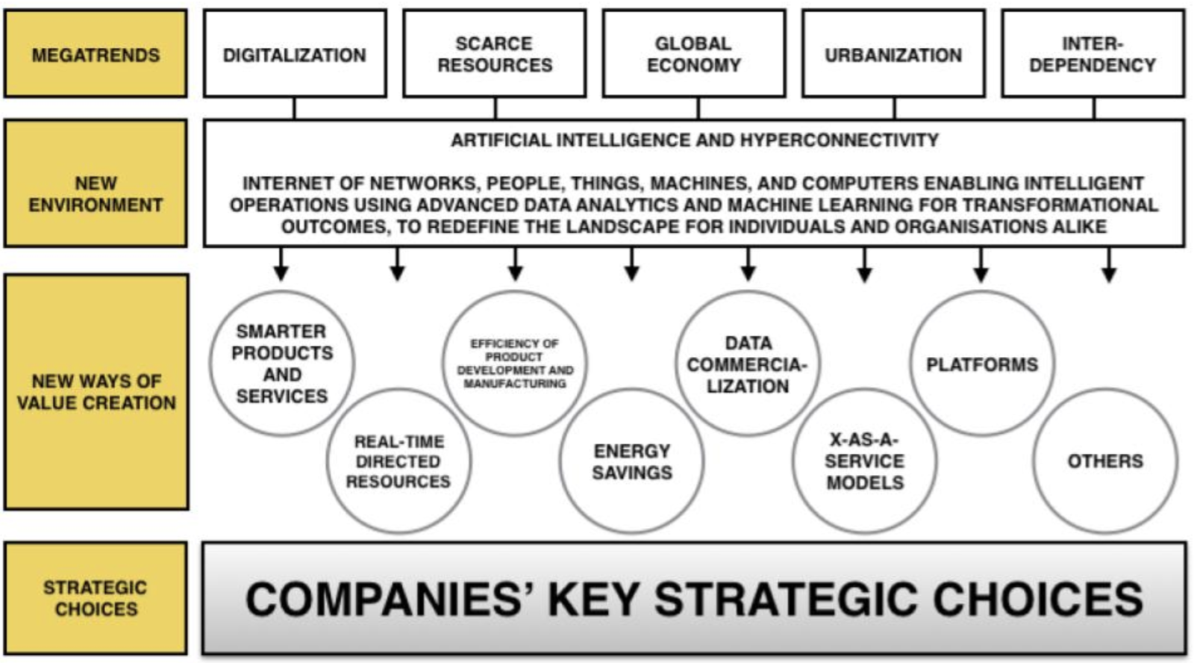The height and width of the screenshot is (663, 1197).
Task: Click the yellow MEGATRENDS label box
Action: click(x=96, y=55)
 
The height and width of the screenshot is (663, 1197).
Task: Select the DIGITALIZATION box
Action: click(x=295, y=55)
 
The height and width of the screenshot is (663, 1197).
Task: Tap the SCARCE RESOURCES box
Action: click(x=495, y=55)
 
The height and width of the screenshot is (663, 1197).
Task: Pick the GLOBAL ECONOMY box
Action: click(x=694, y=55)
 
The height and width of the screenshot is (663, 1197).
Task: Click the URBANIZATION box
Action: click(x=893, y=55)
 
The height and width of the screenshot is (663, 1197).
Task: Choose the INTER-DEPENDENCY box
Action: click(x=1093, y=55)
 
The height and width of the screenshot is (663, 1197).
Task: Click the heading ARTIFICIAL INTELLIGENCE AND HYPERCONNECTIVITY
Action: click(x=694, y=140)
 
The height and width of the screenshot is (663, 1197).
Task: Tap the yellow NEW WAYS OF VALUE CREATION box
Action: click(x=96, y=392)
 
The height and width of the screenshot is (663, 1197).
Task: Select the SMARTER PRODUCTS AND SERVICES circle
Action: click(x=282, y=364)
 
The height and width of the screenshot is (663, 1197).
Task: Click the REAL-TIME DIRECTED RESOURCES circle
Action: click(x=399, y=461)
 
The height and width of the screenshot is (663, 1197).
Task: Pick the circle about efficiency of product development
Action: click(x=515, y=364)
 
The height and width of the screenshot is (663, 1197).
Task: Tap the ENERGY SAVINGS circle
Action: click(x=632, y=461)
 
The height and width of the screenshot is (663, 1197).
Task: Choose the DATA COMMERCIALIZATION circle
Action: click(x=748, y=364)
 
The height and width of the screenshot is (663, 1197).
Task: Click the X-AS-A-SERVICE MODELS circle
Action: click(x=865, y=461)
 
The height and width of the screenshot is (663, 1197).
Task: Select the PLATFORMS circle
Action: click(x=982, y=364)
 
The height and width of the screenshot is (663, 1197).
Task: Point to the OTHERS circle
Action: click(x=1105, y=461)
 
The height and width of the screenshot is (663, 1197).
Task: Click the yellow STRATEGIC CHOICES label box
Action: click(x=96, y=598)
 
